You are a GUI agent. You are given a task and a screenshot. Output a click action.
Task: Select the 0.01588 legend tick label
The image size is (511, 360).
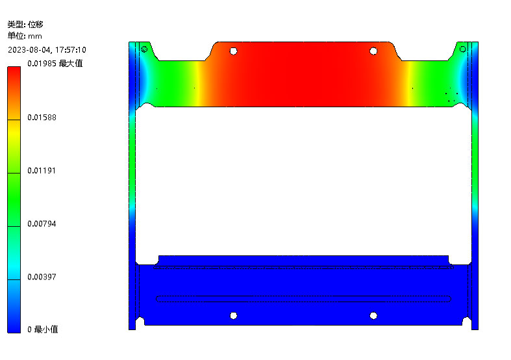(x=42, y=118)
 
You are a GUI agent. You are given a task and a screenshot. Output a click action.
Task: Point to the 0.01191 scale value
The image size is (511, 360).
(x=42, y=170)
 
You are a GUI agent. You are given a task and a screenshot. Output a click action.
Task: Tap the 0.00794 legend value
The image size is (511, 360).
(x=42, y=224)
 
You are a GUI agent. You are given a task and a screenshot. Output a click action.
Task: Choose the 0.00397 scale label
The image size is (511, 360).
(x=42, y=277)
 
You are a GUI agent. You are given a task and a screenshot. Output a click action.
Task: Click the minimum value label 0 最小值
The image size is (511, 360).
(x=43, y=329)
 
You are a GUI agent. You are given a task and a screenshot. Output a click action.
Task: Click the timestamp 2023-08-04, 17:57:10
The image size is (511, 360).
(x=47, y=50)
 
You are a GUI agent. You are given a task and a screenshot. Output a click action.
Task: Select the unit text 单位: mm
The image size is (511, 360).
(x=25, y=36)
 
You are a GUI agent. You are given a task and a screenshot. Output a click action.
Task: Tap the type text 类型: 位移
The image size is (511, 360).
(x=25, y=25)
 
